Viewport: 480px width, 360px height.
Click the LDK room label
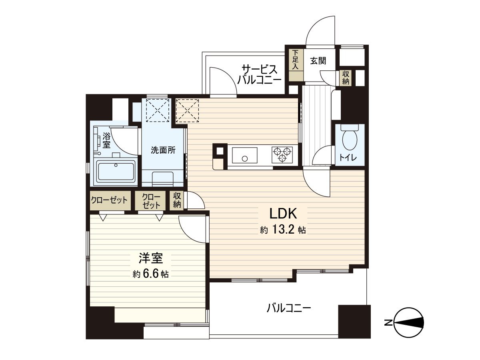coord(283,213)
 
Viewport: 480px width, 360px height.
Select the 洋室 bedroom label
coord(151,258)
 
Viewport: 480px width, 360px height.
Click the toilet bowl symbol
coord(350,140)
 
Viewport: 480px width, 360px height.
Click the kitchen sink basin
coord(245,155)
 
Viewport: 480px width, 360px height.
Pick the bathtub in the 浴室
coord(116,171)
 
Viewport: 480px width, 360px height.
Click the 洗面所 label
coord(163,150)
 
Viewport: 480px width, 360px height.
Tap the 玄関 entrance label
coord(318,60)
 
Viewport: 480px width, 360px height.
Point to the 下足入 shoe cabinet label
coord(296,60)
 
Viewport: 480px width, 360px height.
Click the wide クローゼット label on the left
coord(110,200)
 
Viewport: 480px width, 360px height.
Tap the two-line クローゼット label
coord(151,201)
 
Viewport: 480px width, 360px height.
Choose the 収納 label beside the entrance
coord(346,78)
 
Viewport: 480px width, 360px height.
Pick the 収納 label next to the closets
coord(177,200)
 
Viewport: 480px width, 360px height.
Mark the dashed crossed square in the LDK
coord(188,110)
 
